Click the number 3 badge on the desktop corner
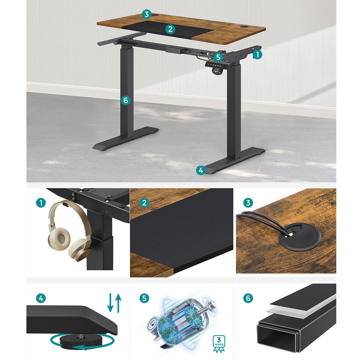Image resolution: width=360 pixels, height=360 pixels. point(146,14)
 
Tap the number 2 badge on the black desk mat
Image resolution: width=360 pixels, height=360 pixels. point(170,29)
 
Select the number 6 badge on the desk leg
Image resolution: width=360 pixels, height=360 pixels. point(125,100)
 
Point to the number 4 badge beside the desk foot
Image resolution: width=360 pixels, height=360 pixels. point(201,170)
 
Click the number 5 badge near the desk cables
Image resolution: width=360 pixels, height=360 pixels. point(218,57)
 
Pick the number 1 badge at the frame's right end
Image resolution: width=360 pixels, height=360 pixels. point(257,55)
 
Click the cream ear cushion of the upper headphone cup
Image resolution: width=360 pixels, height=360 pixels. point(59,239)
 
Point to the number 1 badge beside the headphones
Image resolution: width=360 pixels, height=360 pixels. point(41,203)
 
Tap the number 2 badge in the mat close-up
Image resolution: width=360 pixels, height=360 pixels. point(144,203)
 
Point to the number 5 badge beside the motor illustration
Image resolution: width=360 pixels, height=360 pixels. point(144,298)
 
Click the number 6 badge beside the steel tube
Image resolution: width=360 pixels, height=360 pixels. point(248,298)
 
